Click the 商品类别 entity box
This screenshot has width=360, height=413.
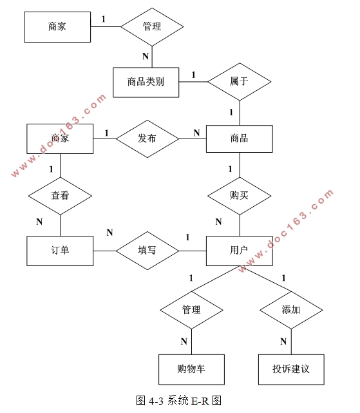point(146,82)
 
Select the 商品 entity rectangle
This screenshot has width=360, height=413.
point(239,139)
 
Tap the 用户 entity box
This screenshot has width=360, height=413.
point(239,251)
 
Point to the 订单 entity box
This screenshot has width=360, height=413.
point(60,251)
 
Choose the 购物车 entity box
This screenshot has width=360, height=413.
point(191,369)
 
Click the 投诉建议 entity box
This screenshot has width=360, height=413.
point(291,369)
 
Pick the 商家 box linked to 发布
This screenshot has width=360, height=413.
point(60,139)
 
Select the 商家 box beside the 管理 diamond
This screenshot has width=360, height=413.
point(57,26)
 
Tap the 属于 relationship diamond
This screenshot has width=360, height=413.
point(239,82)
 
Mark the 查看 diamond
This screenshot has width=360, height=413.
point(60,195)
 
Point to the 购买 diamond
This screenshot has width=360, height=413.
point(239,195)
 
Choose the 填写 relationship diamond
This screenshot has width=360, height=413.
point(147,251)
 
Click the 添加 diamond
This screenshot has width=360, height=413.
point(291,310)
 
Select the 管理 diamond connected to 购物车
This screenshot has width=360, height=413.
point(191,310)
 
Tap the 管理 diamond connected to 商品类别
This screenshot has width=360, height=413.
point(152,26)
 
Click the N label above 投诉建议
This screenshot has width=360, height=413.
point(283,341)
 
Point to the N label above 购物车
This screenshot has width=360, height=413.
point(184,341)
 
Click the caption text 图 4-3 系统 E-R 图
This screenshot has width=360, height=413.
point(179,401)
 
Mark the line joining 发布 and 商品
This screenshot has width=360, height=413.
point(192,139)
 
